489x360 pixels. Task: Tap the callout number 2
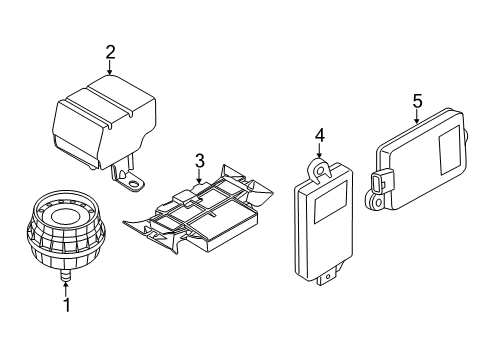(111, 51)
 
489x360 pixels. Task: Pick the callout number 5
(417, 100)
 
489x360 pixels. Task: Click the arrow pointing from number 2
(111, 69)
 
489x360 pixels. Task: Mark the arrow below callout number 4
(319, 151)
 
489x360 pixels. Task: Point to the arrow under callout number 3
(199, 176)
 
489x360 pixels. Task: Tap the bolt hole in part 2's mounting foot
(130, 181)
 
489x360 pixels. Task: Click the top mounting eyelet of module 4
(320, 171)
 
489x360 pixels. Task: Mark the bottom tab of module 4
(326, 279)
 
